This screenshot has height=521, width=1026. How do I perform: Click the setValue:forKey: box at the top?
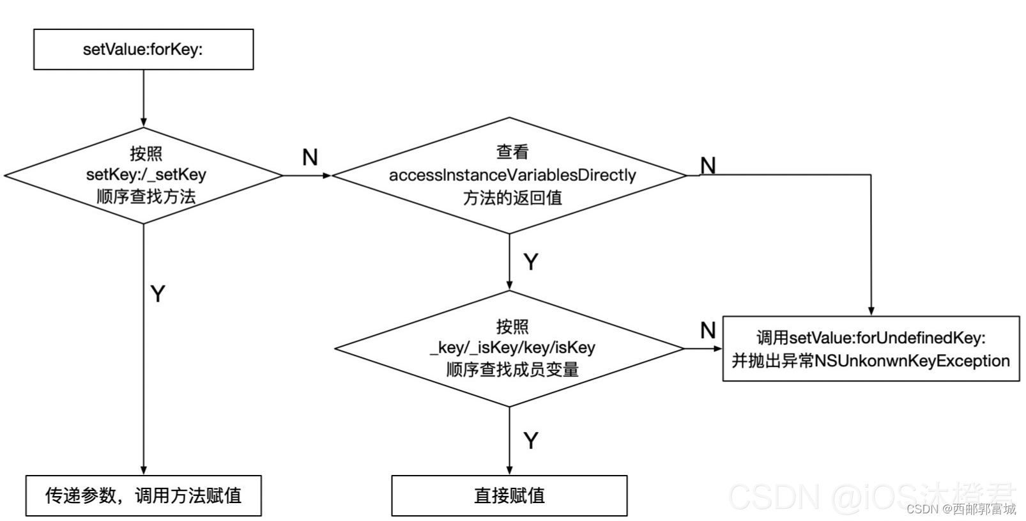(143, 49)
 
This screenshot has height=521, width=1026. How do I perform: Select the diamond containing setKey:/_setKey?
(144, 175)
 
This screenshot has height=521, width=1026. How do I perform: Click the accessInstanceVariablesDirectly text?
(512, 175)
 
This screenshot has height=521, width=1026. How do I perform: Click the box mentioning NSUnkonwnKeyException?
(870, 348)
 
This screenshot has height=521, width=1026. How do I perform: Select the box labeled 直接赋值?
(509, 495)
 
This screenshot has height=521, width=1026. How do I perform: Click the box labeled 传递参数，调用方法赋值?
(143, 495)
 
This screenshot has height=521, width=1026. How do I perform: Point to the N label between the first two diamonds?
(310, 157)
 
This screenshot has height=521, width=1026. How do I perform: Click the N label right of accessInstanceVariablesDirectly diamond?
(708, 166)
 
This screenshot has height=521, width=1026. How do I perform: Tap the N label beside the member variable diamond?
(708, 330)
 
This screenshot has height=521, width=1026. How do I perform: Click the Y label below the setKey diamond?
(158, 293)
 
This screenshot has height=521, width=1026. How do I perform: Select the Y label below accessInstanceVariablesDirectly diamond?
(531, 261)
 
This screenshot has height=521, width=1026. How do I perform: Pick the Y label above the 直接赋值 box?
(531, 440)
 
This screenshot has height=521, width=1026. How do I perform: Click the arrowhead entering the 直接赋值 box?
(509, 470)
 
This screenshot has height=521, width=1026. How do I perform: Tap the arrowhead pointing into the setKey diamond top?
(144, 122)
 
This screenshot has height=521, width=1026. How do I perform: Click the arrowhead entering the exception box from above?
(871, 311)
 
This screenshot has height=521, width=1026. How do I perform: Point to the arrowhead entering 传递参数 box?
(144, 470)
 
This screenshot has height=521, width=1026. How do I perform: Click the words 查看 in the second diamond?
(512, 152)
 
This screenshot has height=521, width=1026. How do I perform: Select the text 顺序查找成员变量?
(512, 370)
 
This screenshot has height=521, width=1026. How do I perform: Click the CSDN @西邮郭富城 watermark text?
(961, 509)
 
